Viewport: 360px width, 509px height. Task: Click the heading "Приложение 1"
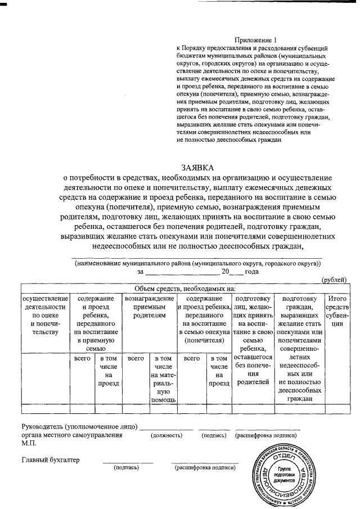pos(256,40)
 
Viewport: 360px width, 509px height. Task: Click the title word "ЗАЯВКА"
pos(198,168)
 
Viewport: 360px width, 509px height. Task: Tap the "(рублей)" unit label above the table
pos(334,280)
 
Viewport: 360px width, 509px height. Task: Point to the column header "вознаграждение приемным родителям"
pos(150,307)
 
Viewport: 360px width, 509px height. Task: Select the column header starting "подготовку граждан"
pos(299,349)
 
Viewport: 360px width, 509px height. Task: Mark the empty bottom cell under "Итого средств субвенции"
pos(337,408)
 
